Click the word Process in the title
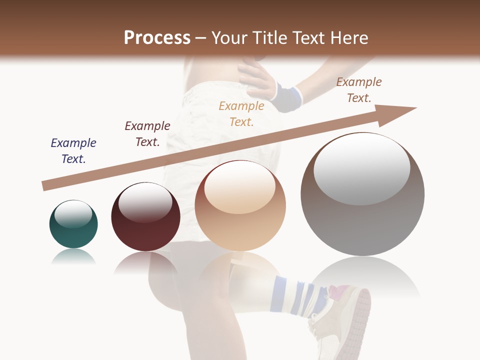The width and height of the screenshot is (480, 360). (x=157, y=38)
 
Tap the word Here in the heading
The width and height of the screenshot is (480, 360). (x=348, y=38)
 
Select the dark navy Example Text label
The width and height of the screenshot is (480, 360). (x=73, y=150)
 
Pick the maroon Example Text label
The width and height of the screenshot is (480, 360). (x=147, y=133)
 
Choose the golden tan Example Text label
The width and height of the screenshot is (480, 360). (x=241, y=113)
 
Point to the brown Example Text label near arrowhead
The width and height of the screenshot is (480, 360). (x=359, y=89)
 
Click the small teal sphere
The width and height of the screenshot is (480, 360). (x=73, y=230)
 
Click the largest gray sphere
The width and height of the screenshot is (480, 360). (x=362, y=220)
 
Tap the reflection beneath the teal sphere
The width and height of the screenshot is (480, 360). (x=73, y=257)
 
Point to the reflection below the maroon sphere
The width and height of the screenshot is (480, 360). (x=145, y=262)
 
